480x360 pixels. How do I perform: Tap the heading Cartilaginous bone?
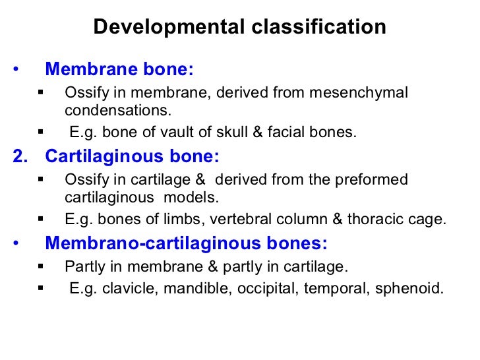coord(132,156)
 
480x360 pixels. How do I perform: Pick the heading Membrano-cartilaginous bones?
coord(186,243)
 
